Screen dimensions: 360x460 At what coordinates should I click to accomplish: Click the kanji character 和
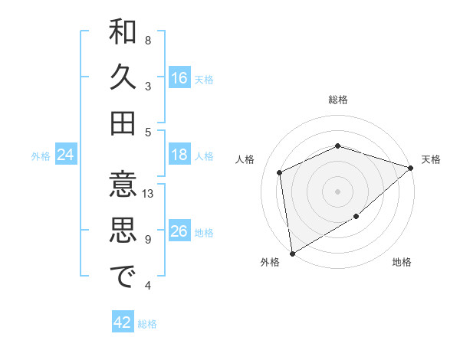123,33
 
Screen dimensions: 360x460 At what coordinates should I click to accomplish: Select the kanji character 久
123,77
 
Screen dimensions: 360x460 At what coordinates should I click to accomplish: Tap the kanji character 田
123,123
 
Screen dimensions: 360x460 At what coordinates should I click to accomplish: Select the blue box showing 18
179,155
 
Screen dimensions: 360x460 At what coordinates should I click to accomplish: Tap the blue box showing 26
179,232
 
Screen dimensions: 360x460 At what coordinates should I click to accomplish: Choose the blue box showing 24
66,155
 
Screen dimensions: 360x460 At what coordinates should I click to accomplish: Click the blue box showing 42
123,322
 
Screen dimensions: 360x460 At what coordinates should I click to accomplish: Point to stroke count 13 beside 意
148,194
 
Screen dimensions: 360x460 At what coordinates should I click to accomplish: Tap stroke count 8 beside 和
148,40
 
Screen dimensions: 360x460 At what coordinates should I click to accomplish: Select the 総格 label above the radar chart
338,100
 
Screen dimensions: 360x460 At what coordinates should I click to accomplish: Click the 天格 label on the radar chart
431,159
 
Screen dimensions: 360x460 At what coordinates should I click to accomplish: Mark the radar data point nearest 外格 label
292,253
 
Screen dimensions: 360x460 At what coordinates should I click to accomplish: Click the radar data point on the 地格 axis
356,217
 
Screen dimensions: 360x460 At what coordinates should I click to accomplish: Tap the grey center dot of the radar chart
338,191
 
